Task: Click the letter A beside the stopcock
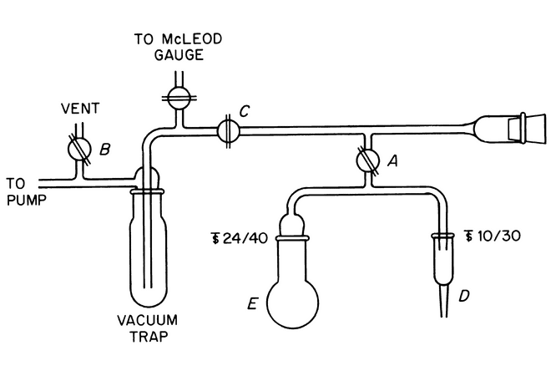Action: pos(389,164)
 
